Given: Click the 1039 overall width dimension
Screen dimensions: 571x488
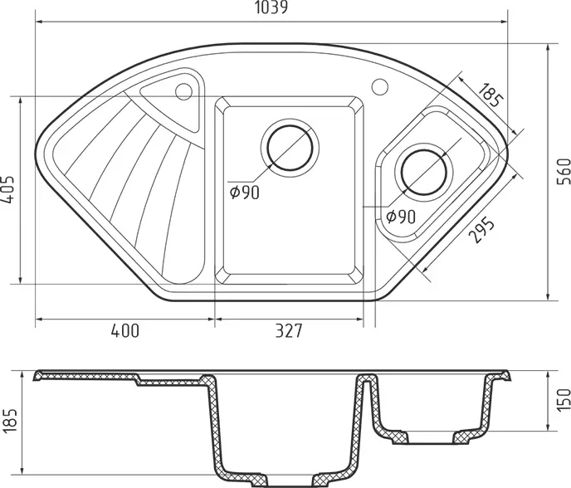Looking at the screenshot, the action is point(271,7).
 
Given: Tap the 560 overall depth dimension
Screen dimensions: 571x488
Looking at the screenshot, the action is point(564,171).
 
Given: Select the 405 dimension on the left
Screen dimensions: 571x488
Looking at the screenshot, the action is point(8,189).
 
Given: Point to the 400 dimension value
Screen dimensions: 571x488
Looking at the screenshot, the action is point(124,330).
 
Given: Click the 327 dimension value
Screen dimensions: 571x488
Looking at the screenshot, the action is point(289,330).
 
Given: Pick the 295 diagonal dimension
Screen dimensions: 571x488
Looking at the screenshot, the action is point(481,230).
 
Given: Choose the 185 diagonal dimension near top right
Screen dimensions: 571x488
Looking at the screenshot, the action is point(490,95).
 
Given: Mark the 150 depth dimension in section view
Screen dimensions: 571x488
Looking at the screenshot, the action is point(564,400).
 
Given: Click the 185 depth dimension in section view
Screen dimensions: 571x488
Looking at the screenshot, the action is point(9,421).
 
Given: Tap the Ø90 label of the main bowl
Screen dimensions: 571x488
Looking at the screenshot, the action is point(245,193).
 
